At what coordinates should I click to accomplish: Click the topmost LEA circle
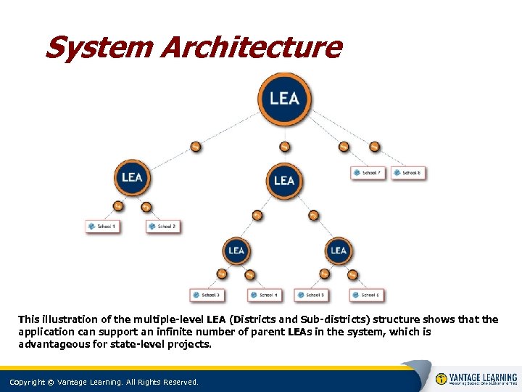284,97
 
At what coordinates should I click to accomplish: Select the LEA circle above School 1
132,177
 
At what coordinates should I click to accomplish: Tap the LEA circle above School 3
236,251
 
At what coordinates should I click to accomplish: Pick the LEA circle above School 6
339,251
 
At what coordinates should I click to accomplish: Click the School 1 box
102,226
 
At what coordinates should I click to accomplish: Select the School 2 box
162,226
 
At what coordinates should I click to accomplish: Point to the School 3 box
206,295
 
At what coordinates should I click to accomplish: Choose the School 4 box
264,295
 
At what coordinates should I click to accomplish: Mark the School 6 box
366,295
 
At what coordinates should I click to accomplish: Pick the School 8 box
407,173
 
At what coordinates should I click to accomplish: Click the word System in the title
98,48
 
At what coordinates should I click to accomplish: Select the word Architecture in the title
250,48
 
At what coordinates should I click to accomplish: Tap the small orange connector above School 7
344,147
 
